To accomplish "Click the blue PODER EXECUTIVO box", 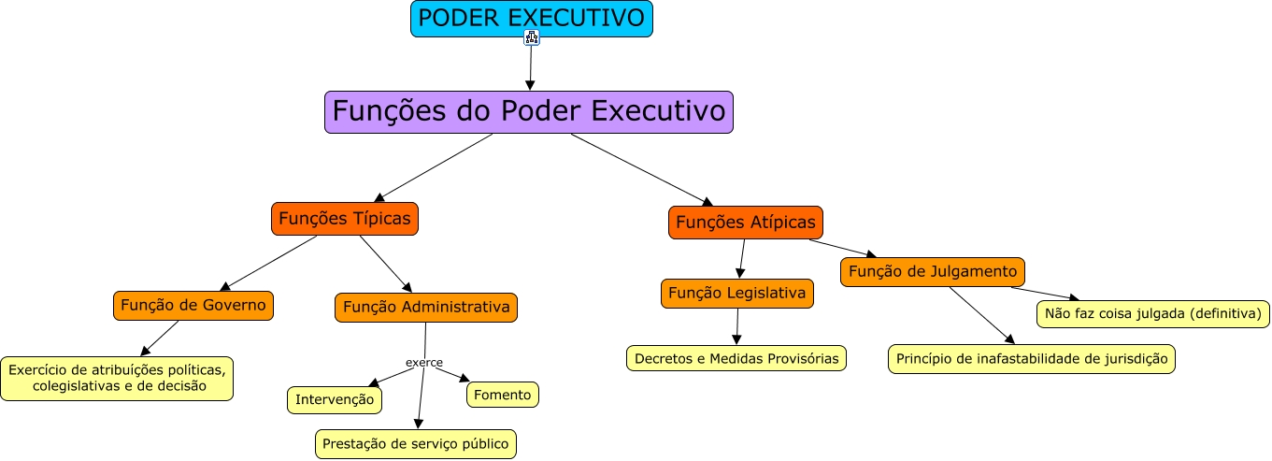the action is [x=531, y=19].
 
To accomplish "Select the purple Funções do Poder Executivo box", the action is [x=529, y=111].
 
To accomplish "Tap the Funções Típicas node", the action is [x=344, y=219].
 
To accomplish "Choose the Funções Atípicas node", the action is [x=745, y=223].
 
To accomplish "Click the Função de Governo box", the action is [x=193, y=305].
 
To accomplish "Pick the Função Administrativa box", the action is [x=425, y=308].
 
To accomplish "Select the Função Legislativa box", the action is [x=736, y=294].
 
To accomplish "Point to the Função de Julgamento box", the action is [x=932, y=272].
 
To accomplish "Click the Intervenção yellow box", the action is [x=335, y=400].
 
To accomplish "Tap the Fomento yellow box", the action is [x=502, y=395].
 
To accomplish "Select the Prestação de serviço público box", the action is [x=416, y=444].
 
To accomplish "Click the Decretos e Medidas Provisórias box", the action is [x=736, y=358].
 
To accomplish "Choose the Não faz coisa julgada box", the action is [x=1152, y=314].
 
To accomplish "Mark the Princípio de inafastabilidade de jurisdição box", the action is [x=1031, y=359].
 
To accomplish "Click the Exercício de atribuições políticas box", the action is [x=117, y=378].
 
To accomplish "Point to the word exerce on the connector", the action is [x=424, y=362].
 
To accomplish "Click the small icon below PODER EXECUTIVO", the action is [x=532, y=37].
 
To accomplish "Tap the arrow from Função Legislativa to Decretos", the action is [x=737, y=326].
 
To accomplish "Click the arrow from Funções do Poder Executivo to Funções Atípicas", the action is [x=641, y=168].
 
